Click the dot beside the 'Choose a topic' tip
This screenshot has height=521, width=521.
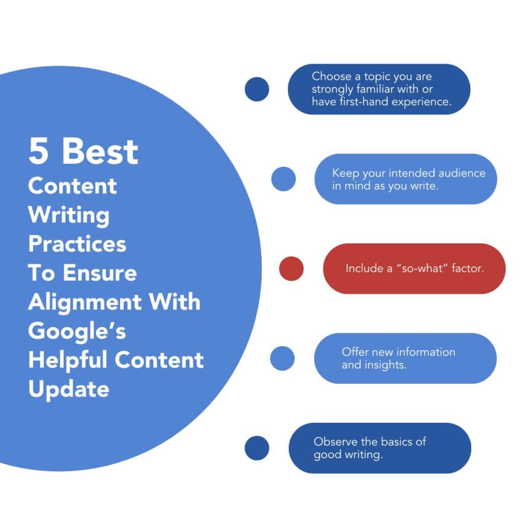tap(257, 89)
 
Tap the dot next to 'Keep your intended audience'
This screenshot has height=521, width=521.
tap(283, 179)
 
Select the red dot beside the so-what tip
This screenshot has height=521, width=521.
tap(292, 269)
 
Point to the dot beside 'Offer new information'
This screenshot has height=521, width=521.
tap(282, 358)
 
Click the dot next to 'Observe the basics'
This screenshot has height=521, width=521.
tap(257, 448)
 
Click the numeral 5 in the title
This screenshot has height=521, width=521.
tap(39, 152)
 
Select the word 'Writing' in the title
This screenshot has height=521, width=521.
tap(69, 215)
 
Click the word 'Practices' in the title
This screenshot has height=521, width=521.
tap(77, 244)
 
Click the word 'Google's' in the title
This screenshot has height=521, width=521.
tap(77, 331)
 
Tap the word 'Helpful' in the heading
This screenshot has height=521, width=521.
tap(68, 360)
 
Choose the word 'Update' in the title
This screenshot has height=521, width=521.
tap(69, 389)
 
